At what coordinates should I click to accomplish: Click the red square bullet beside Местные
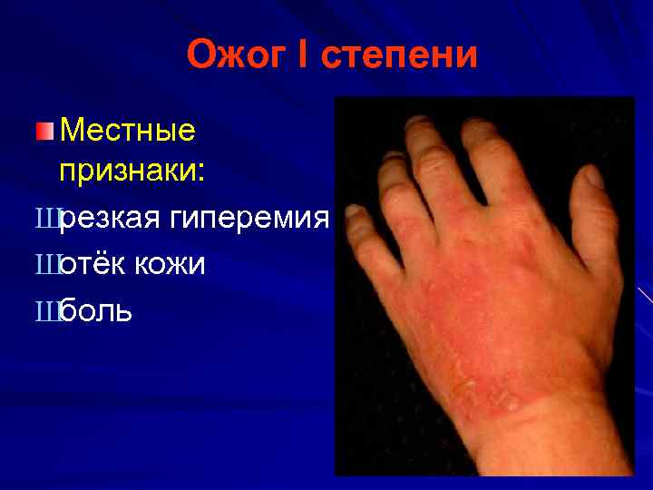45,132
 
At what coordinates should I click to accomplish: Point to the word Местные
127,131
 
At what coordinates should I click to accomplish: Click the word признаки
132,171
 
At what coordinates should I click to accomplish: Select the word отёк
93,265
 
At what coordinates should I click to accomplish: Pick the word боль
96,311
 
